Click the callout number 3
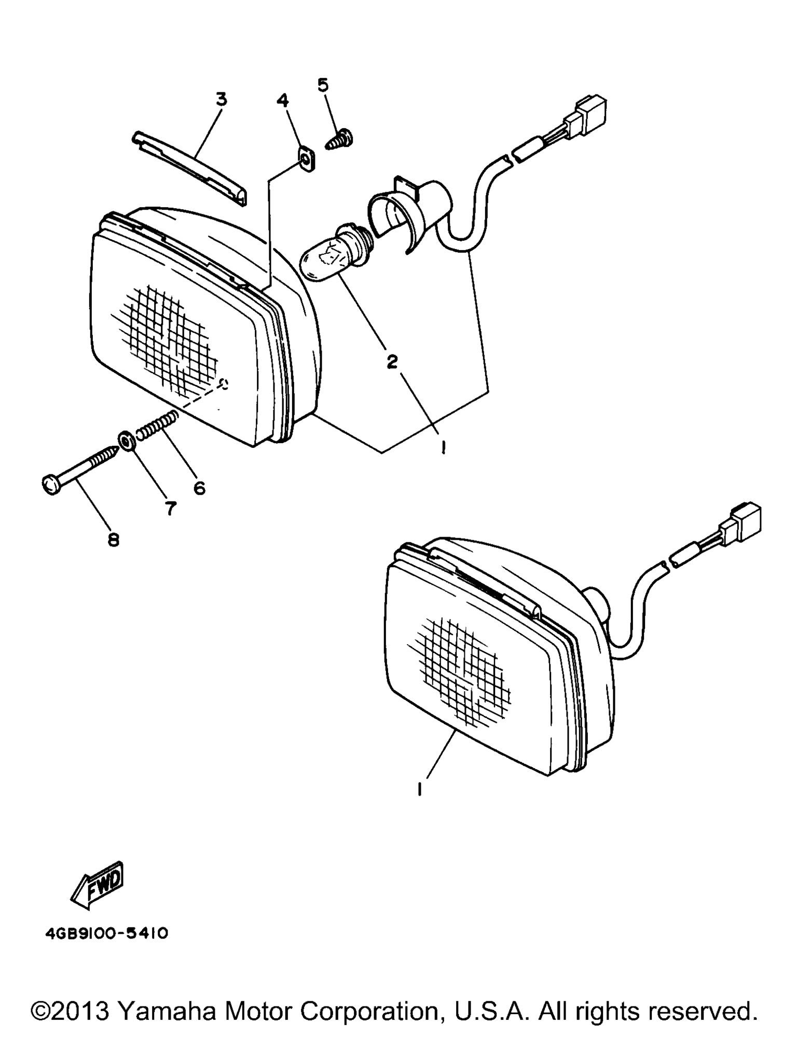222,99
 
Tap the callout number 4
283,100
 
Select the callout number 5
323,85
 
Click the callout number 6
199,488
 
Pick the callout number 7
171,509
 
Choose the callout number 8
114,540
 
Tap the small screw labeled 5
340,140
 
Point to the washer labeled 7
126,441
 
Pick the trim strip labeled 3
190,167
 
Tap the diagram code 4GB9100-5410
107,934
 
